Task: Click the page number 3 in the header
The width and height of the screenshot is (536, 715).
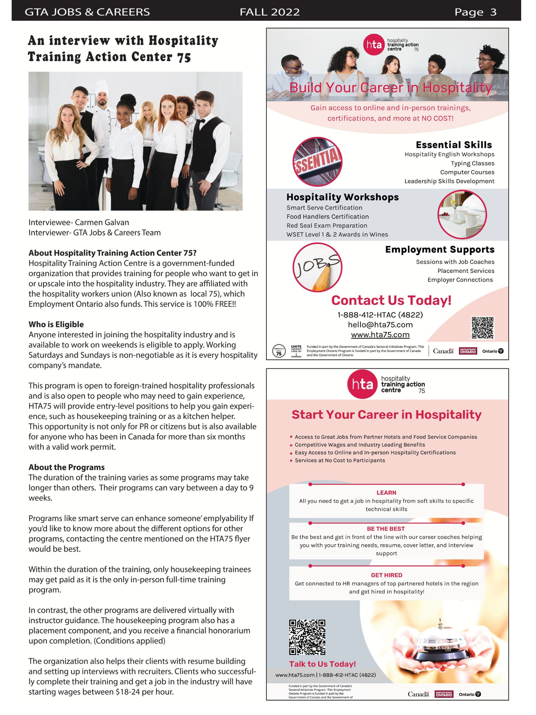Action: (493, 12)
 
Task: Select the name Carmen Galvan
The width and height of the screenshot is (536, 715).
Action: (102, 223)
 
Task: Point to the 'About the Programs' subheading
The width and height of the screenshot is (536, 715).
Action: (67, 467)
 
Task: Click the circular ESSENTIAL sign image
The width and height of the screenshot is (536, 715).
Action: (317, 161)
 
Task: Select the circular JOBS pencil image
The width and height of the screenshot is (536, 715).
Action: (317, 267)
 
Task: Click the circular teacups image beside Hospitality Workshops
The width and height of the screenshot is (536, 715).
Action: (462, 215)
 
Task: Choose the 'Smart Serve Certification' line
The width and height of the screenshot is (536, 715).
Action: (324, 208)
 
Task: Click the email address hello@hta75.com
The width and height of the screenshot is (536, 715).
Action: (380, 325)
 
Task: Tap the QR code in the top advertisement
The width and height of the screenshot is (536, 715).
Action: (483, 328)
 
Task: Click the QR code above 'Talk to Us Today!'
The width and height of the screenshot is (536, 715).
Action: (307, 637)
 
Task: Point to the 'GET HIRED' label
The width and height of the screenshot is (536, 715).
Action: (386, 575)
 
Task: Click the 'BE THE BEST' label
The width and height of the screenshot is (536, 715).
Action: (386, 528)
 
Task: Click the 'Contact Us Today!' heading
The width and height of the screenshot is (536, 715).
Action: (391, 300)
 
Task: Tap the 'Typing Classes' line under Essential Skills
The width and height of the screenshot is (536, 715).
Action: (472, 163)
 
